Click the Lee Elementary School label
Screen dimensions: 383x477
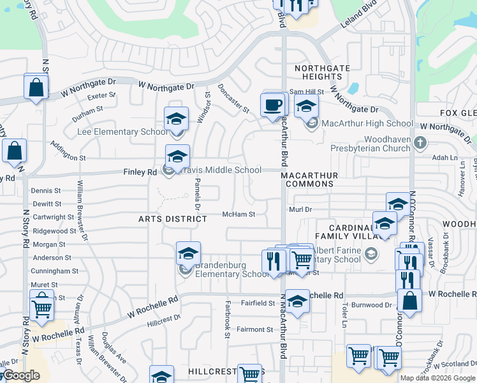tap(122, 132)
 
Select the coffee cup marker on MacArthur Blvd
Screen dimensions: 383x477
tap(273, 105)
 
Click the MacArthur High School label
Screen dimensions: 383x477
tap(367, 123)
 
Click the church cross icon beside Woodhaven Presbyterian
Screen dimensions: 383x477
tap(420, 142)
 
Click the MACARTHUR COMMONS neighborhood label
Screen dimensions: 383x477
tap(319, 179)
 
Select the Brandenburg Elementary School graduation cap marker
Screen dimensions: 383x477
tap(188, 254)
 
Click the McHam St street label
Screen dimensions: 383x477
tap(238, 214)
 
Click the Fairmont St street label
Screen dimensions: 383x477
tap(255, 329)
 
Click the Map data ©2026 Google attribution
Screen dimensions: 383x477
tap(437, 378)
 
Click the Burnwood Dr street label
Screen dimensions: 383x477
tap(374, 305)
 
